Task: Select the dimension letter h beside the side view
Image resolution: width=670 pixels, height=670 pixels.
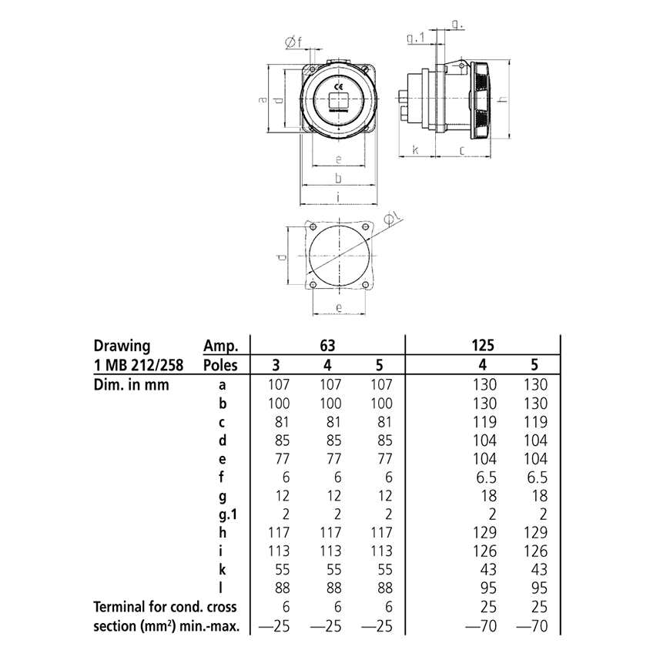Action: pyautogui.click(x=501, y=100)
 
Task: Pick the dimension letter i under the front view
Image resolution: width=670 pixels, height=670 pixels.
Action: pyautogui.click(x=339, y=197)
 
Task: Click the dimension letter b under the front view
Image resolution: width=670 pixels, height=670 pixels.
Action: pyautogui.click(x=338, y=179)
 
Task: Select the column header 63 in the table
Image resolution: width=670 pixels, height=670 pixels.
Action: pyautogui.click(x=329, y=345)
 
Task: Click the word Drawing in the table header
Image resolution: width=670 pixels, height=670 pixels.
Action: pyautogui.click(x=122, y=346)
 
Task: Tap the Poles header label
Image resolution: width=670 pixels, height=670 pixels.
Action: pyautogui.click(x=220, y=365)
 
